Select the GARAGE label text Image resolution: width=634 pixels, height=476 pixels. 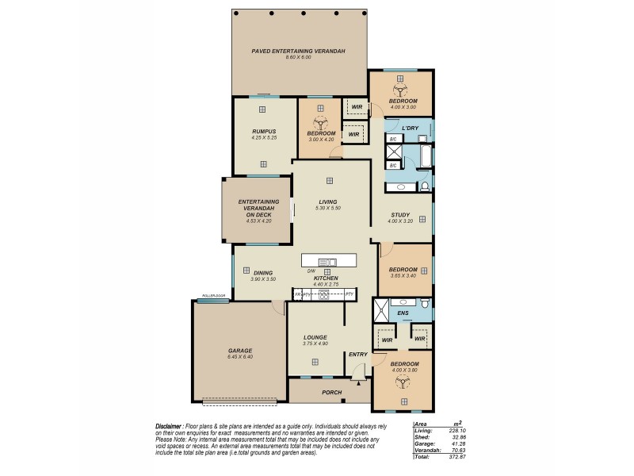(x=240, y=351)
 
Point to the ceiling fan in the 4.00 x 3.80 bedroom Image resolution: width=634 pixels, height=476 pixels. (x=403, y=382)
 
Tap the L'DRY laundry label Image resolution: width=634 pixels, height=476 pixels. (x=410, y=128)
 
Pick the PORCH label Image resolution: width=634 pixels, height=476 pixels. (x=331, y=392)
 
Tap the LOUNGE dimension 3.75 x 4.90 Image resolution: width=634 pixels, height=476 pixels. (x=315, y=344)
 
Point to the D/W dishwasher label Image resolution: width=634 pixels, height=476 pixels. (x=312, y=272)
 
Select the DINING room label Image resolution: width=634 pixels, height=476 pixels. (x=263, y=273)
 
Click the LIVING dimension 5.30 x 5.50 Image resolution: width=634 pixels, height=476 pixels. (x=327, y=208)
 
